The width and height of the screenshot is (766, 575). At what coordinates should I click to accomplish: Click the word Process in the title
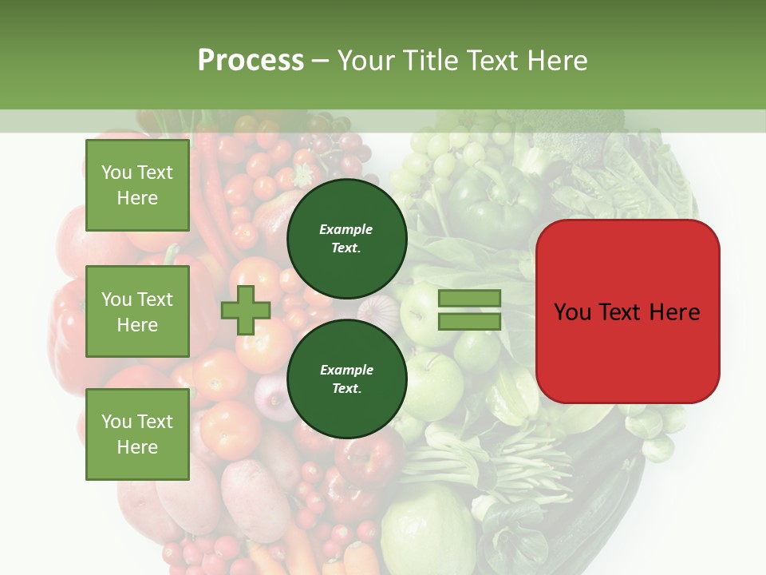[x=251, y=61]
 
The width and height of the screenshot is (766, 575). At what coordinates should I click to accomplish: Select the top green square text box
[x=137, y=185]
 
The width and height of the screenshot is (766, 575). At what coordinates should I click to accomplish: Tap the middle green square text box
[x=137, y=311]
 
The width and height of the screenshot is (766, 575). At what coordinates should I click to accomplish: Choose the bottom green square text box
[x=137, y=434]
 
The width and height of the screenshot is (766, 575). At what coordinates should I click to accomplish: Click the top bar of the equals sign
[x=469, y=299]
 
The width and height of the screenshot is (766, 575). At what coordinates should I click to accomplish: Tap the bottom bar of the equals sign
[x=469, y=322]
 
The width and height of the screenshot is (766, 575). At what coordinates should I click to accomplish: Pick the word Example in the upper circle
[x=346, y=229]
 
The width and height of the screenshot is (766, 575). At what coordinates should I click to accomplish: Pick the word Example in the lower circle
[x=346, y=370]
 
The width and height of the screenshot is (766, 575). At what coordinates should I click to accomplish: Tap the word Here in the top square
[x=137, y=198]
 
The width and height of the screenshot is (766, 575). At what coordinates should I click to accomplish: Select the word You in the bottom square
[x=116, y=422]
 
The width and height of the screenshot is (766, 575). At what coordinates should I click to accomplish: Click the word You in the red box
[x=571, y=312]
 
